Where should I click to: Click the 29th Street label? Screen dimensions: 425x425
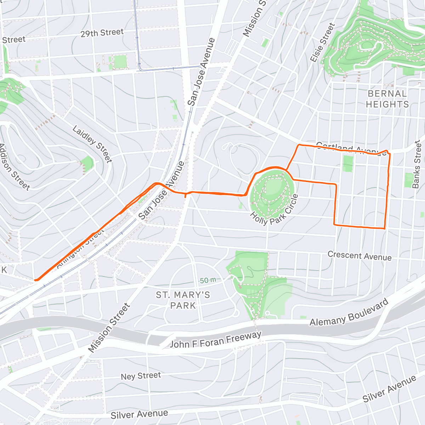pos(102,33)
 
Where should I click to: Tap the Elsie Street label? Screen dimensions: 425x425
pos(322,42)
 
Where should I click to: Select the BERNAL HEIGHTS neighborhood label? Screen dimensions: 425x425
pos(387,99)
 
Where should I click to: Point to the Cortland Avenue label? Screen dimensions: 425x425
pos(351,149)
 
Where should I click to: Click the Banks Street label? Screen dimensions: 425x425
pos(418,164)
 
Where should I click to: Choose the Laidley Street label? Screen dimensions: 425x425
pos(92,144)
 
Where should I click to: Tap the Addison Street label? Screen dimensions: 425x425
pos(14,167)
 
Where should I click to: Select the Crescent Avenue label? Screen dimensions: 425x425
pos(359,256)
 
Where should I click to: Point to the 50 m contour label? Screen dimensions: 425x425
pos(208,280)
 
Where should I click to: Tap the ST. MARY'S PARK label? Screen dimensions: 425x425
pos(183,300)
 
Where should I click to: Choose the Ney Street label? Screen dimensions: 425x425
pos(141,376)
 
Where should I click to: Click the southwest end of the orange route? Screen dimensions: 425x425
pos(36,280)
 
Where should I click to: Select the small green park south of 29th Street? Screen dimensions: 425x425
pos(120,62)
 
